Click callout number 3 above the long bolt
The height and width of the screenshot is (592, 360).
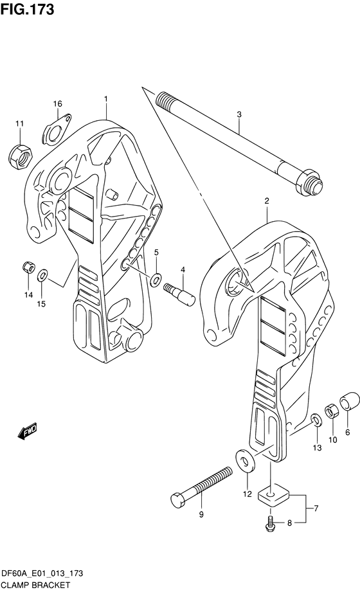239,115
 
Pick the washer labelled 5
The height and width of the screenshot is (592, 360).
156,279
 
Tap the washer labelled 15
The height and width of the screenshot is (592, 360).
42,276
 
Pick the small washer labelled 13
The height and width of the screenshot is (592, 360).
316,421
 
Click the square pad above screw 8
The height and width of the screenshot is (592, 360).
275,497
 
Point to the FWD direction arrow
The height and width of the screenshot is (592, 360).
28,431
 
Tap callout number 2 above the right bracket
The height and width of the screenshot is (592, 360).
265,201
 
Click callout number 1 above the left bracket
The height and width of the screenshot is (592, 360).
105,98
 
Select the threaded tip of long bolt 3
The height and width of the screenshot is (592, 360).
164,100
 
